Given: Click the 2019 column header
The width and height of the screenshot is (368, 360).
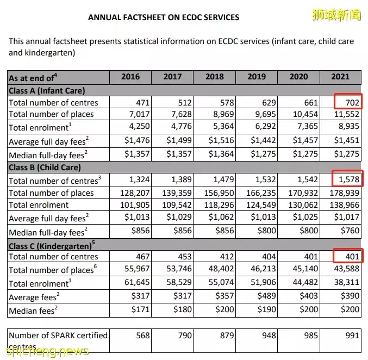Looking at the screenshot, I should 257,77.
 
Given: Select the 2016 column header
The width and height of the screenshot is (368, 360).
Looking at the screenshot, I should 130,77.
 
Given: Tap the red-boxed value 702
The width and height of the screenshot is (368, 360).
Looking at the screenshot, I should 348,102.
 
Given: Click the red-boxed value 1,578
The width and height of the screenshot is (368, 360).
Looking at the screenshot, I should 348,179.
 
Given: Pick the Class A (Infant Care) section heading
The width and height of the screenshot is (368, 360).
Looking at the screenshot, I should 47,91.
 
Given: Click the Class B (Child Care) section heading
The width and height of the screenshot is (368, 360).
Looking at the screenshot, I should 45,167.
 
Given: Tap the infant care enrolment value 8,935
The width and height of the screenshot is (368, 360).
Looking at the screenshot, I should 349,127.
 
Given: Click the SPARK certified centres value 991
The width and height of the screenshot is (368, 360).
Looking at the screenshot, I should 352,336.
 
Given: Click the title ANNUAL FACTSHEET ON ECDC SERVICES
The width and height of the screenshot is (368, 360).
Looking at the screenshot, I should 164,17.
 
